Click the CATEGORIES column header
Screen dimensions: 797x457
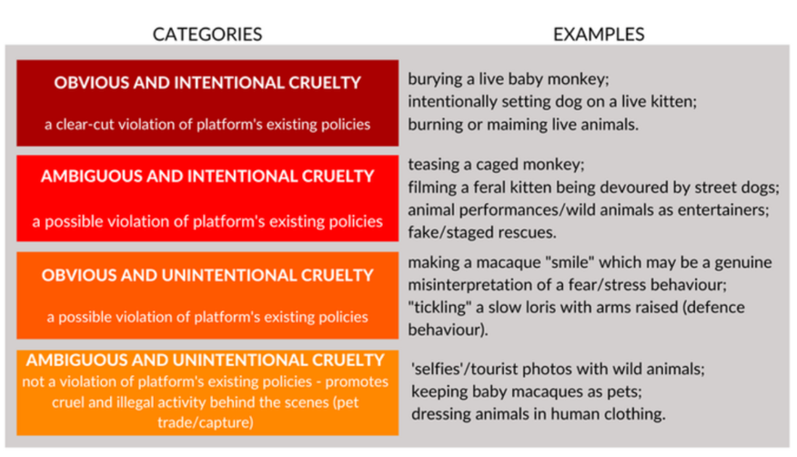(x=207, y=34)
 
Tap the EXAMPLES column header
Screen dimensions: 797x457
(x=599, y=34)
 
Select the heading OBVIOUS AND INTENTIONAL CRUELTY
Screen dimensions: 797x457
(x=207, y=82)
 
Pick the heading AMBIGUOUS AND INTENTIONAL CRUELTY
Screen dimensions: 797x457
(x=207, y=176)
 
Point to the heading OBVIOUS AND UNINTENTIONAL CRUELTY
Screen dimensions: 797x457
(x=207, y=275)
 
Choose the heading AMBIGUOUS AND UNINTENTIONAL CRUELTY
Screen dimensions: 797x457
(x=206, y=360)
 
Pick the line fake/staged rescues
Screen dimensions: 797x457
(x=482, y=232)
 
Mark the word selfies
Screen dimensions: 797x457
(x=440, y=369)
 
